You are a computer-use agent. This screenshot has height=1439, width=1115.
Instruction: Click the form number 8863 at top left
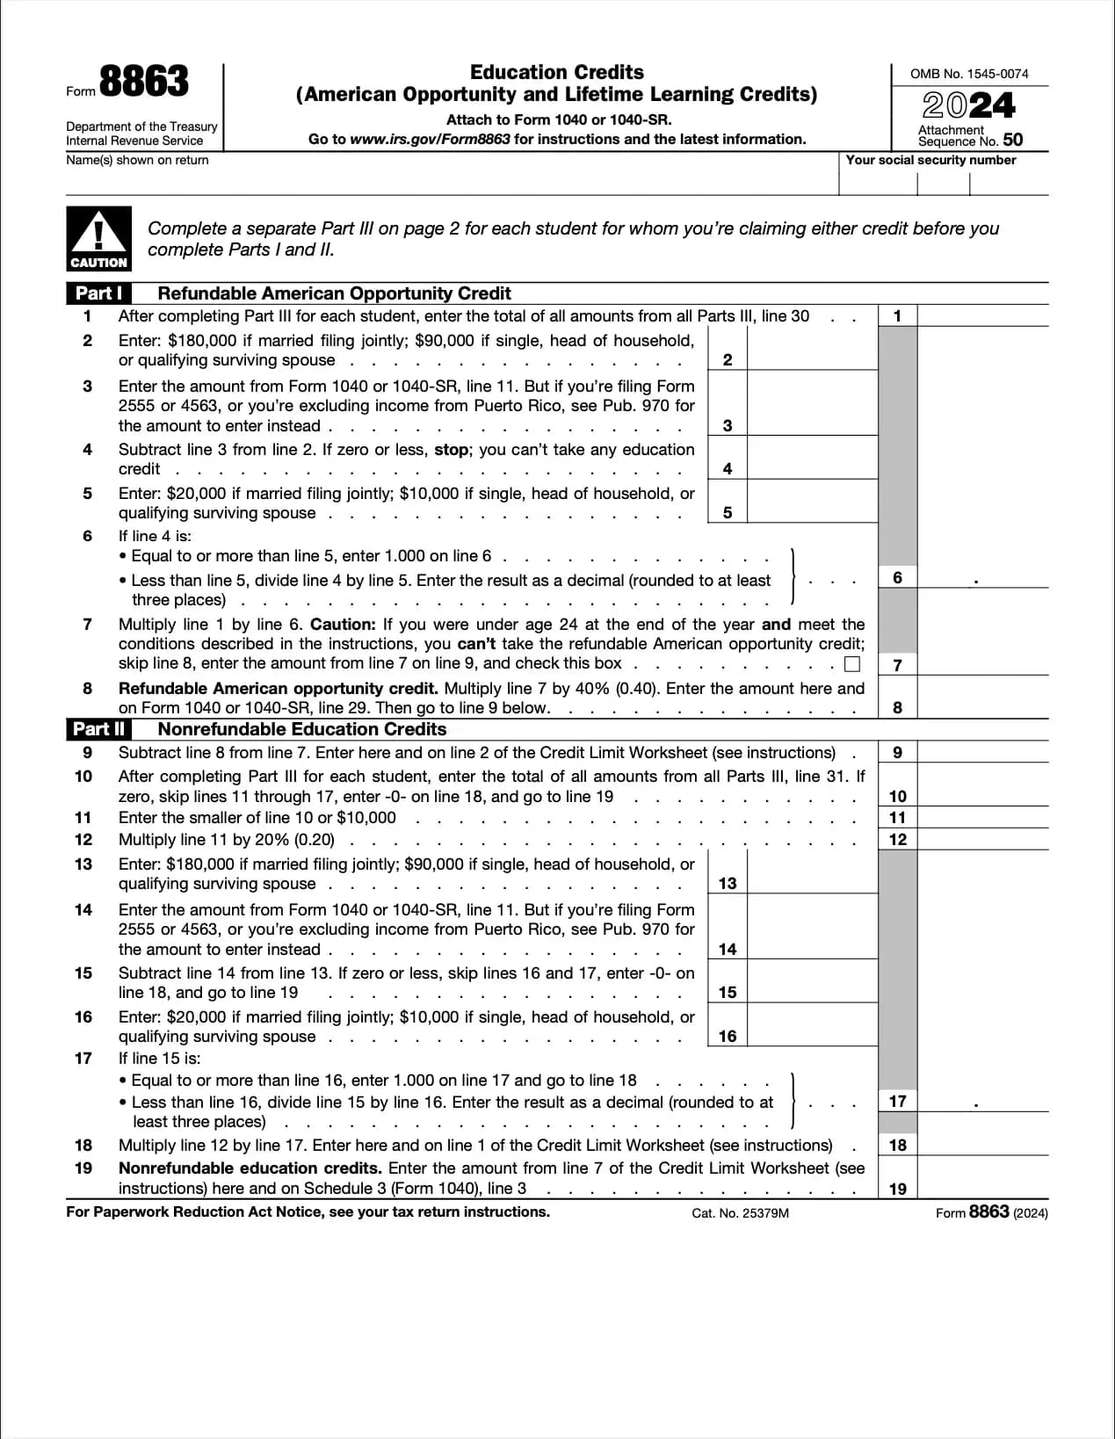click(143, 82)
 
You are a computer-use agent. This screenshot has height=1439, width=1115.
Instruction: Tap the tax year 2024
click(968, 106)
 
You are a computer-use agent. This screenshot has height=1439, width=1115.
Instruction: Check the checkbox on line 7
click(851, 664)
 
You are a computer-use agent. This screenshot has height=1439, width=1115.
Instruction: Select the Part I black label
click(98, 293)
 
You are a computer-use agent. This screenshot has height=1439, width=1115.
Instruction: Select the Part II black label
click(98, 729)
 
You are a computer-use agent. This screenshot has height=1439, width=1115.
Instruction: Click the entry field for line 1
click(981, 315)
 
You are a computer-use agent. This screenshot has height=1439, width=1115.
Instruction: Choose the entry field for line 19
click(981, 1178)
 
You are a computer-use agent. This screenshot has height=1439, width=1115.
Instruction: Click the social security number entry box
click(943, 182)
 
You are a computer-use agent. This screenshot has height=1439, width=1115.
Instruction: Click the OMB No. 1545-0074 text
click(969, 74)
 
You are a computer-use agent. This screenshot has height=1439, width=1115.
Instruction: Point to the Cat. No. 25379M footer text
click(740, 1213)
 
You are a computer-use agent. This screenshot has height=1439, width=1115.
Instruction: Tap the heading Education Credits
click(556, 72)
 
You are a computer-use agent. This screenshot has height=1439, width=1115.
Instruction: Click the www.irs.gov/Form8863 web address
click(430, 139)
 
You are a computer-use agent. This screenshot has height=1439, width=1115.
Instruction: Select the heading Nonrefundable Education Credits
click(301, 729)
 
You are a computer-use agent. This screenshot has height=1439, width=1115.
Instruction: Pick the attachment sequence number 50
click(1012, 140)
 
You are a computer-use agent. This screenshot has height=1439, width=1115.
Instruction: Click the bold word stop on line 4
click(452, 450)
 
